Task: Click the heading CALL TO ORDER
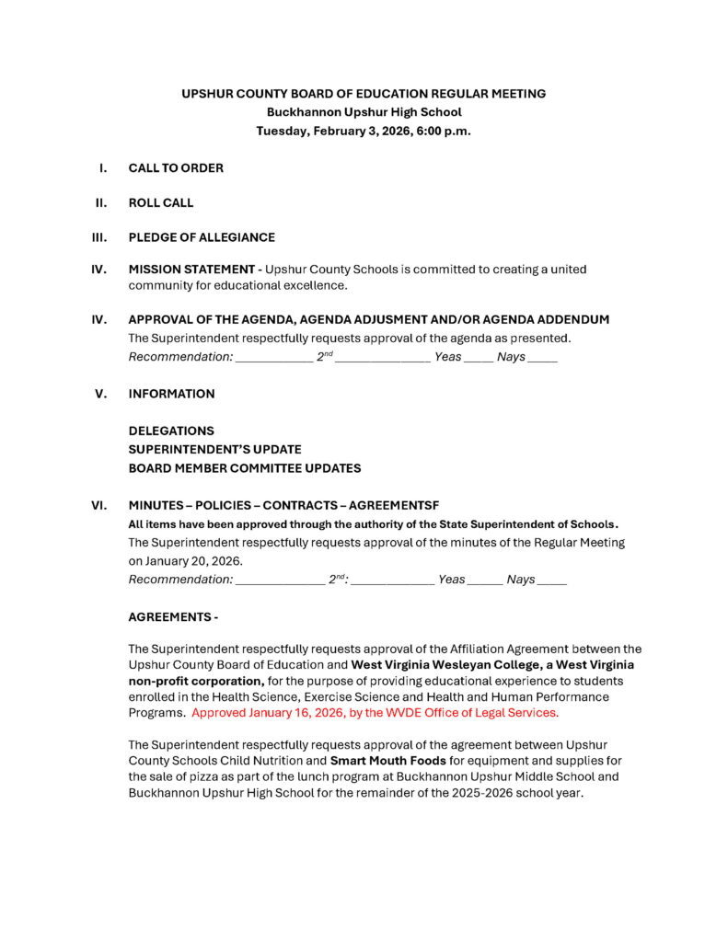tap(175, 168)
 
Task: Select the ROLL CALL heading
tap(160, 202)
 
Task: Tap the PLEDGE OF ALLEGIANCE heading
tap(201, 237)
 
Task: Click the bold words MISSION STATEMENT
tap(191, 270)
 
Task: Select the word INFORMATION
tap(171, 394)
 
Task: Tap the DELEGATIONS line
tap(170, 431)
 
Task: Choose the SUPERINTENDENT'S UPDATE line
tap(214, 449)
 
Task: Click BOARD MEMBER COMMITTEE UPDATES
tap(244, 468)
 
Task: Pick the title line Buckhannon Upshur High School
tap(364, 112)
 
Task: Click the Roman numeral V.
tap(101, 394)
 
